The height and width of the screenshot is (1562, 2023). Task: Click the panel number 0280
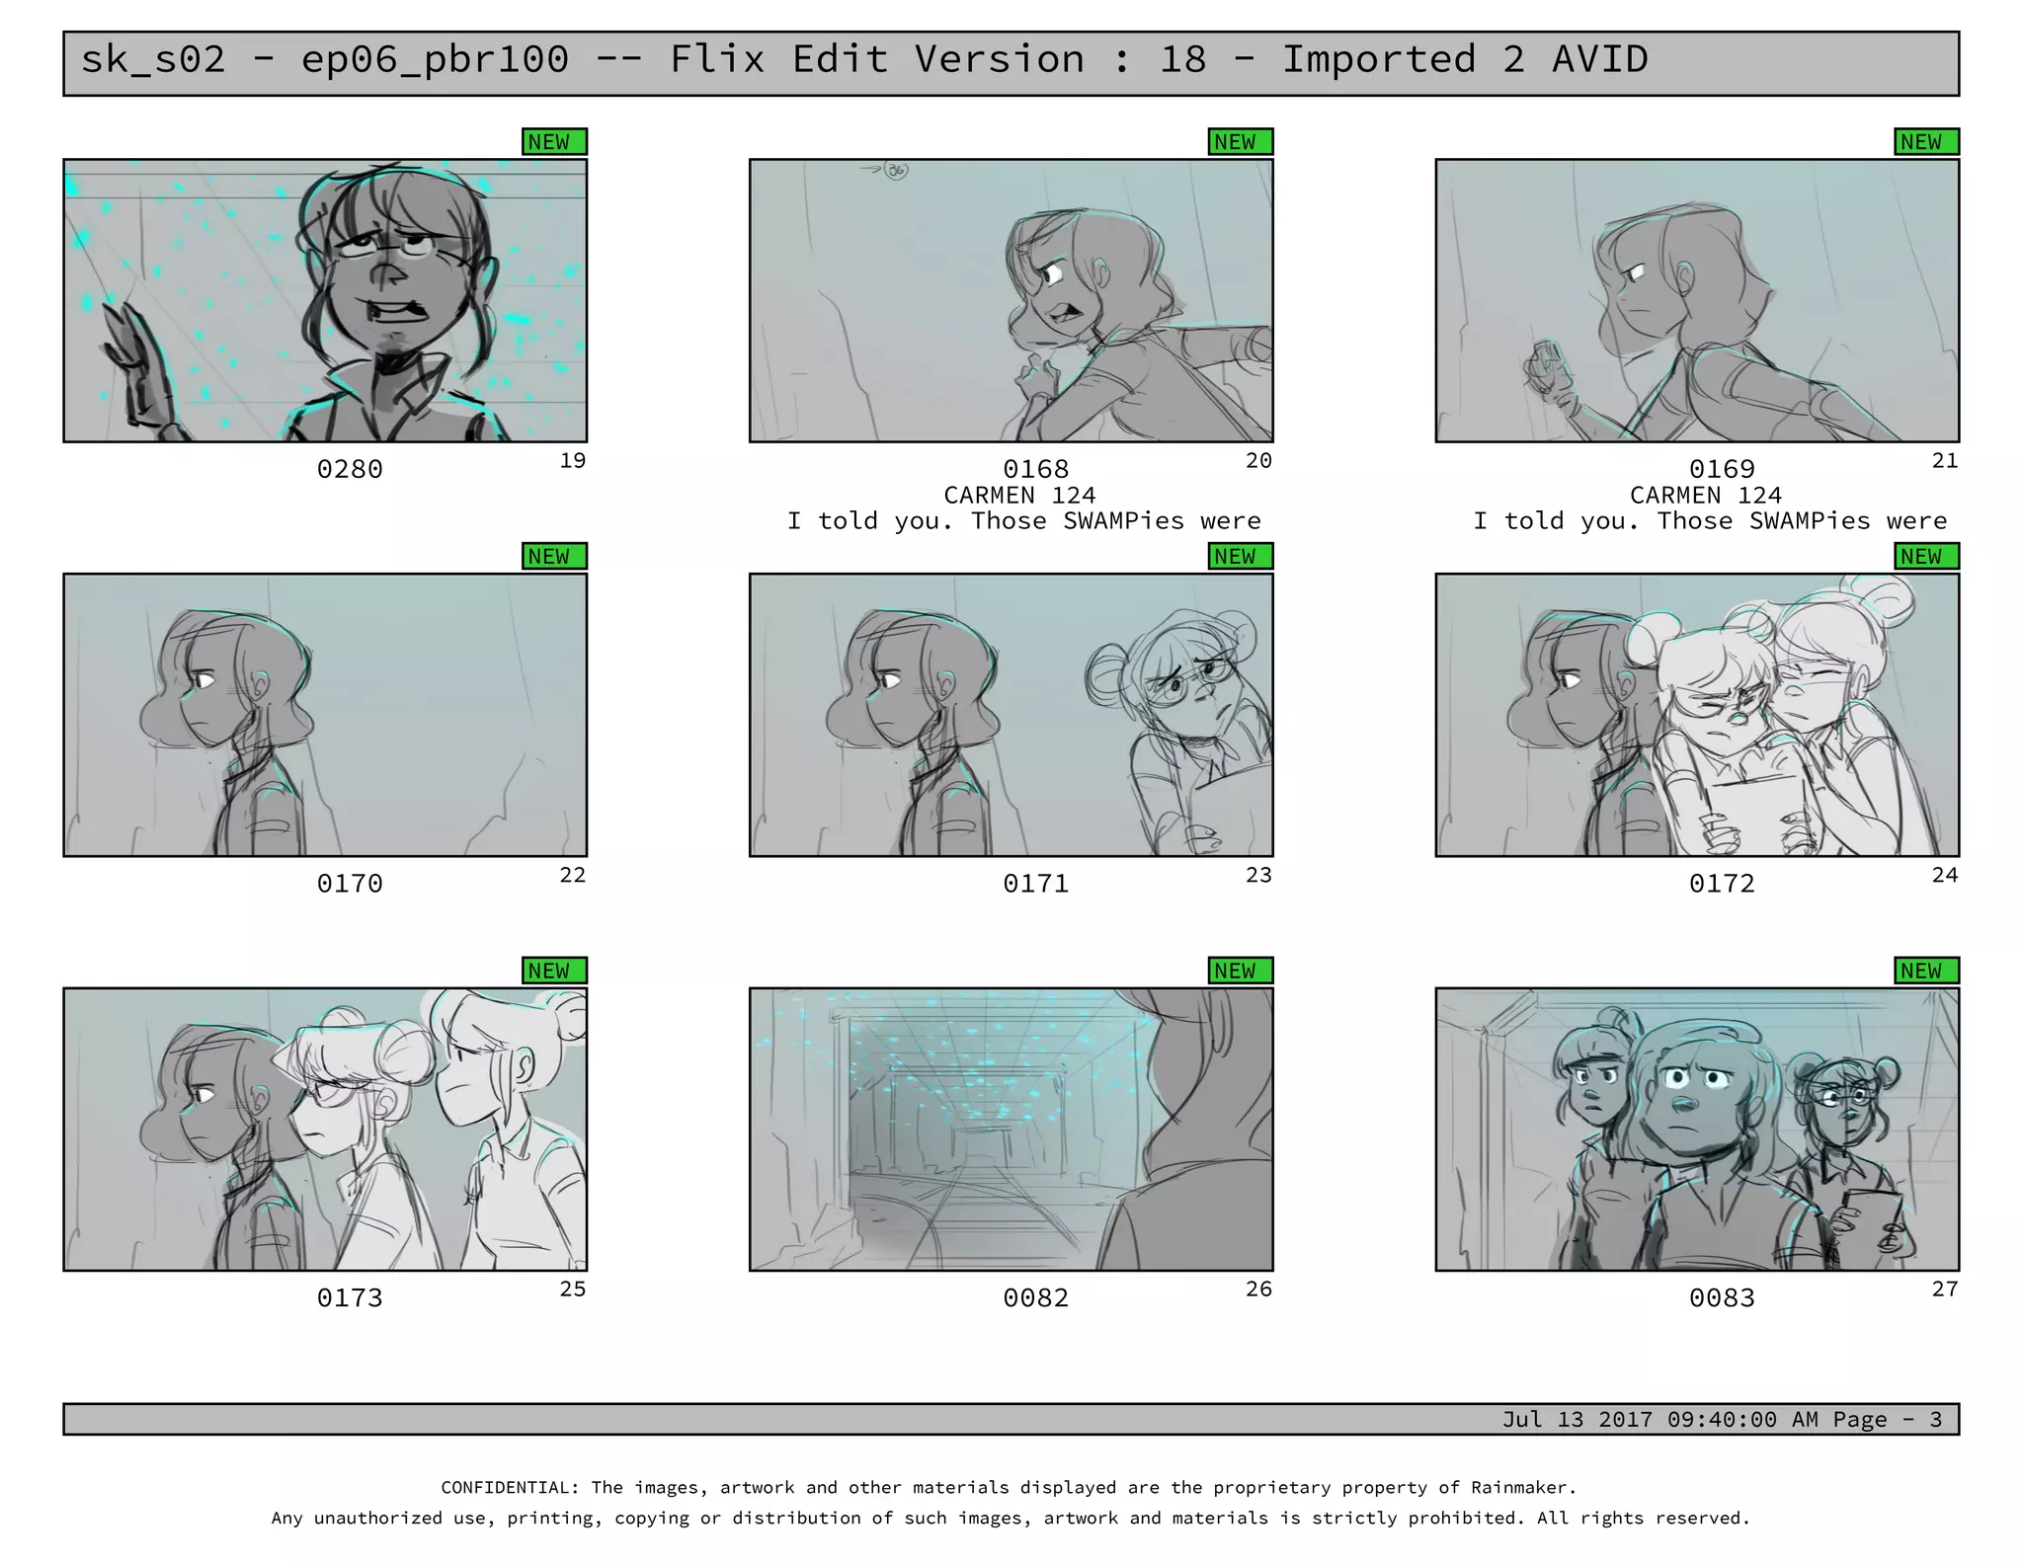coord(350,469)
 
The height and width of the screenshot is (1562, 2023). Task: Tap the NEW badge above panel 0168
coord(1241,142)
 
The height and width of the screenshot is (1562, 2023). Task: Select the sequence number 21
coord(1945,461)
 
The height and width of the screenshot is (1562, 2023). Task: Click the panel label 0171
coord(1036,884)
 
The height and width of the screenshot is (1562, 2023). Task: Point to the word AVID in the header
coord(1600,59)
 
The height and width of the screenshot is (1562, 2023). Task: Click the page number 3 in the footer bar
coord(1936,1420)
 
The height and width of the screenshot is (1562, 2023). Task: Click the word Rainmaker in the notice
coord(1518,1487)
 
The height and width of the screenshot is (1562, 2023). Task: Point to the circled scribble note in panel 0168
coord(895,171)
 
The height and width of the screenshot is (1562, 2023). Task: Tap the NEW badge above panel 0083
coord(1926,971)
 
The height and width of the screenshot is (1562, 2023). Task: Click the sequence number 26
coord(1258,1289)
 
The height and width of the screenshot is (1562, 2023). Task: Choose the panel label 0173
coord(350,1297)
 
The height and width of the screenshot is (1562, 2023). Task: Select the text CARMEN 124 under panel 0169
coord(1706,496)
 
